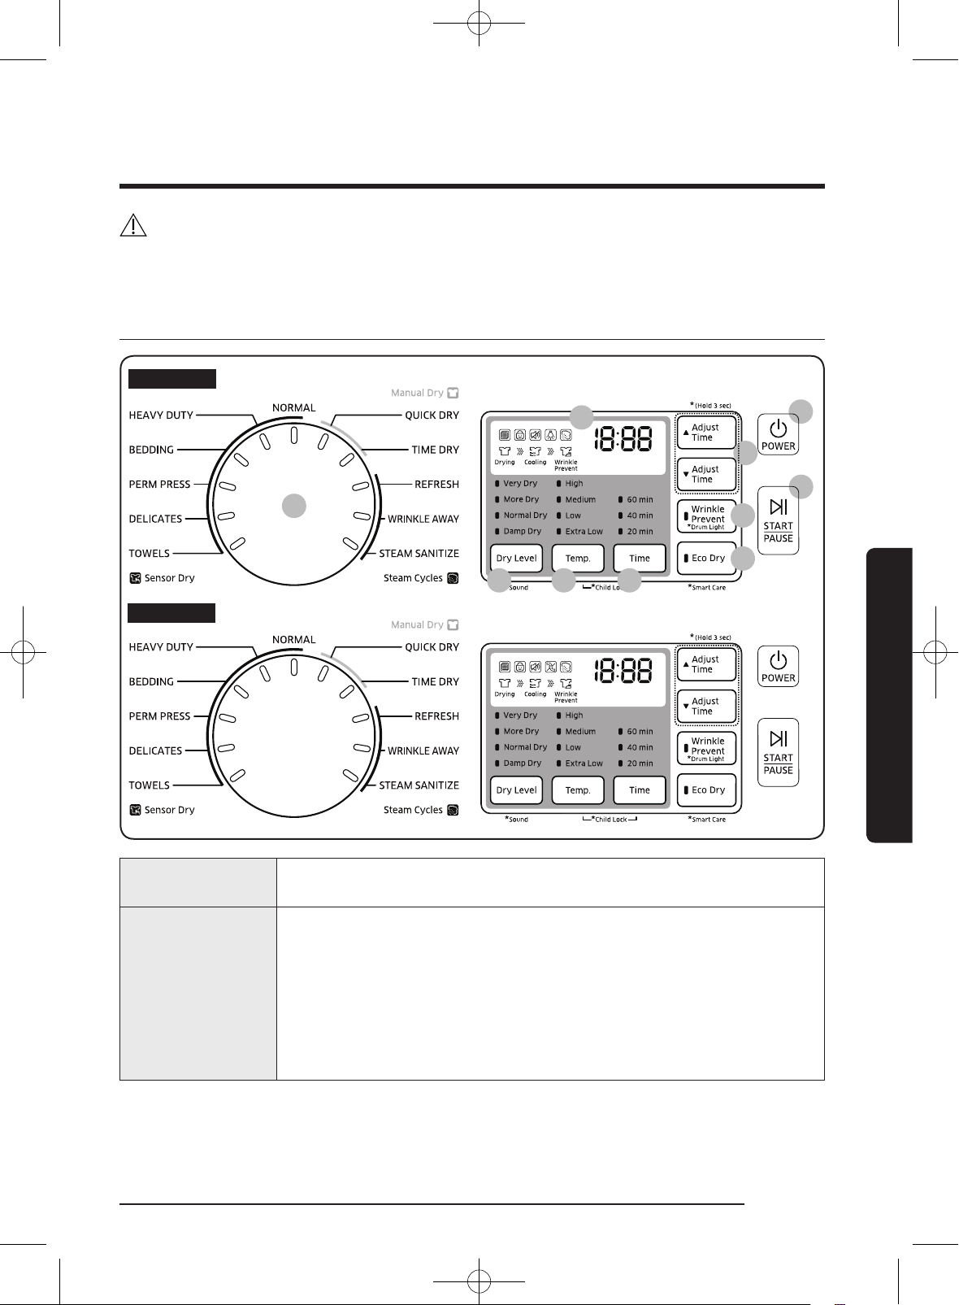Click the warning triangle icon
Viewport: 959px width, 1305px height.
pos(132,225)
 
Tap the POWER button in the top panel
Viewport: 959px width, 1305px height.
pos(778,435)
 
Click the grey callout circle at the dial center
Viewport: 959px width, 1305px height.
pos(294,506)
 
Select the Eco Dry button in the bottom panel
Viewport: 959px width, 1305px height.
pos(707,790)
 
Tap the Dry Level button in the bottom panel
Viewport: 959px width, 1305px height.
pos(516,790)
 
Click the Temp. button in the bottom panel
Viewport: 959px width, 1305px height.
pos(578,790)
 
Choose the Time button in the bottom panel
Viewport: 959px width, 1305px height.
pos(640,790)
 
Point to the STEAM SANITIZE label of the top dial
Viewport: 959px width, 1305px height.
pos(419,554)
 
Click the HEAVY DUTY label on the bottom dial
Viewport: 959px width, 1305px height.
pos(161,646)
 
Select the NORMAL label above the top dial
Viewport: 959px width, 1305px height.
pos(293,408)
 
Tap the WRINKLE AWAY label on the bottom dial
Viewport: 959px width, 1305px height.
pos(423,751)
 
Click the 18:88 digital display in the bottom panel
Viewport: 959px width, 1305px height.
pos(623,671)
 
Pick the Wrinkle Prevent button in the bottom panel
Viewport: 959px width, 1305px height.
pos(707,748)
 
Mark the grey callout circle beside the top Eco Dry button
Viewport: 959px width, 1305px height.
pos(742,559)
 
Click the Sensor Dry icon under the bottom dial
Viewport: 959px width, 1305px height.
pos(135,810)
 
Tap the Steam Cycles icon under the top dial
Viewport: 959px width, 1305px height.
pos(453,578)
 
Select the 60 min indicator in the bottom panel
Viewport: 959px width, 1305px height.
pos(636,731)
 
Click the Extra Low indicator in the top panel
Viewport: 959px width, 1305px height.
pos(580,531)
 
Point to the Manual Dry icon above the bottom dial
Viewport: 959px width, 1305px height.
pos(453,624)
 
